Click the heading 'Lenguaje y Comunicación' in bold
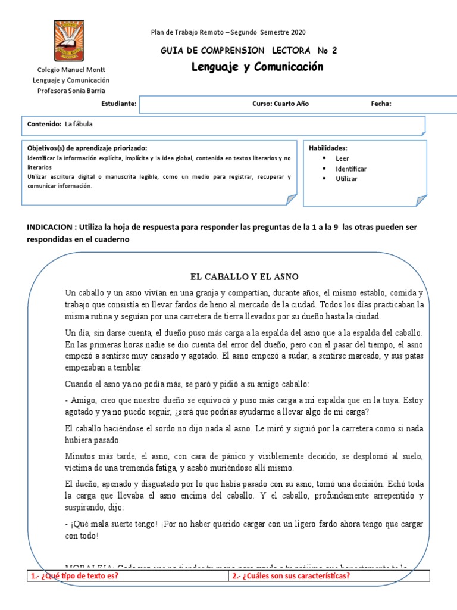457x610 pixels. pyautogui.click(x=257, y=67)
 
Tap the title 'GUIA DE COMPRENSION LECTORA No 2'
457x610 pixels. pyautogui.click(x=249, y=51)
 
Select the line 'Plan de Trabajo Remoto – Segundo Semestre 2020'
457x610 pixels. pyautogui.click(x=229, y=32)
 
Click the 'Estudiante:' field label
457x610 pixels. pyautogui.click(x=119, y=104)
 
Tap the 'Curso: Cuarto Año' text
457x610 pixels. pyautogui.click(x=280, y=104)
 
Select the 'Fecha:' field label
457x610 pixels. pyautogui.click(x=381, y=104)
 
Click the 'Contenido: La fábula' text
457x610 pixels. pyautogui.click(x=60, y=124)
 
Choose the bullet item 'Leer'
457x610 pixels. pyautogui.click(x=342, y=159)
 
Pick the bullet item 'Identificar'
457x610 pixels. pyautogui.click(x=350, y=169)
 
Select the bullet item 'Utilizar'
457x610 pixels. pyautogui.click(x=346, y=179)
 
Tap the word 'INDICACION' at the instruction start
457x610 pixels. pyautogui.click(x=50, y=228)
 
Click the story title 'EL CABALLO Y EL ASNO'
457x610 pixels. pyautogui.click(x=244, y=277)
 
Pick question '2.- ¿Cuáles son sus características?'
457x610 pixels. pyautogui.click(x=291, y=575)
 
